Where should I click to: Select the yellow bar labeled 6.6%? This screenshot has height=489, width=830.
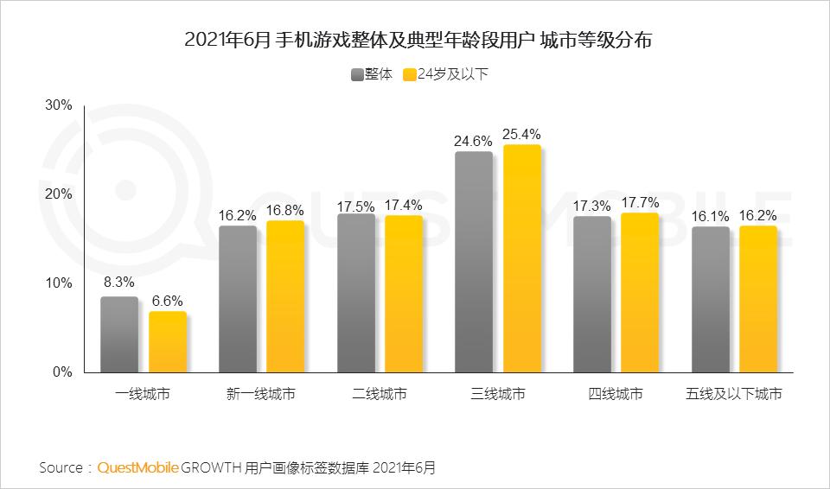tap(167, 342)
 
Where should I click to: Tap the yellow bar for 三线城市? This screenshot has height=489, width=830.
tap(522, 259)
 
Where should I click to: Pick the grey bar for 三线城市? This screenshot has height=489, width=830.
tap(474, 263)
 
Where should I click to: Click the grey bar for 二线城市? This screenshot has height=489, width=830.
tap(355, 294)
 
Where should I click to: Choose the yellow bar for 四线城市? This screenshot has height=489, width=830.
tap(640, 293)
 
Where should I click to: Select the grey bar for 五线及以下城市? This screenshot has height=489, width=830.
tap(710, 300)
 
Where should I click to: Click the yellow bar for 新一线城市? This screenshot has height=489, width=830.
tap(285, 297)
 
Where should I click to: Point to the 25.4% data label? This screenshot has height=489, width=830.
tap(521, 134)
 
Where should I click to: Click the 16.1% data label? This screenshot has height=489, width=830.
tap(710, 217)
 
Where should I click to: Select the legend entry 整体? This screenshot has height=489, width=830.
tap(372, 74)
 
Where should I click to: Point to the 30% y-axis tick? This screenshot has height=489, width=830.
tap(58, 105)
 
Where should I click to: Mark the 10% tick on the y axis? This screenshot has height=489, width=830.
tap(58, 283)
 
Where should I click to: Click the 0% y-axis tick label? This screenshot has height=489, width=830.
tap(61, 372)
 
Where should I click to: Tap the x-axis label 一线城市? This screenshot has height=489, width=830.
tap(143, 394)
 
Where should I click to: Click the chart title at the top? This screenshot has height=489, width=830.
tap(415, 41)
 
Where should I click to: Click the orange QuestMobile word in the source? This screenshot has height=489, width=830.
tap(138, 467)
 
